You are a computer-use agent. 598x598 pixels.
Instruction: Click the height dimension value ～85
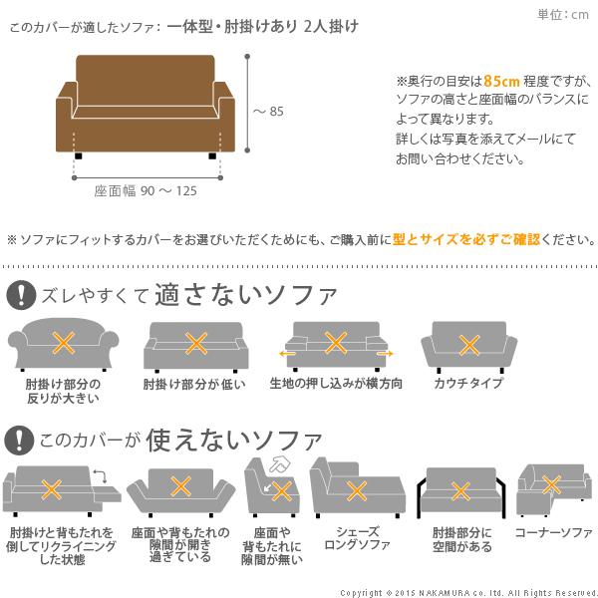point(268,112)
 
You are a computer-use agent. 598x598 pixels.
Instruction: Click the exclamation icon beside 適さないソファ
point(20,294)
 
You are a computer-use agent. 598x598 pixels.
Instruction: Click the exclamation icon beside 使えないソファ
point(20,439)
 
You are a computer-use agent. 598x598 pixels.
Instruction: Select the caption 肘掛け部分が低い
point(194,384)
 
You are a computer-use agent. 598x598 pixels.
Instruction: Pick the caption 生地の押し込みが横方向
point(336,384)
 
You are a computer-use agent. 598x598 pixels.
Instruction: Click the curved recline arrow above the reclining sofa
point(99,474)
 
